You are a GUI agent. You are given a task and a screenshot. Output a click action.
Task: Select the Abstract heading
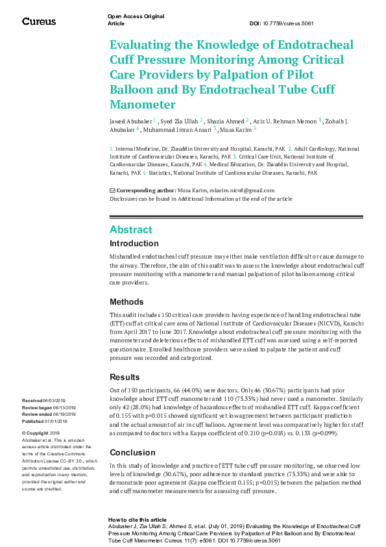(x=131, y=229)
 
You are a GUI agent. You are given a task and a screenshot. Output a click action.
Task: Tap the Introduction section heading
(x=134, y=244)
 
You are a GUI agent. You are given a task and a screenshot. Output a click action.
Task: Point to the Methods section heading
(x=127, y=301)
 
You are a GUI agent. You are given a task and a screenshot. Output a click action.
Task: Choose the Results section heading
(x=125, y=377)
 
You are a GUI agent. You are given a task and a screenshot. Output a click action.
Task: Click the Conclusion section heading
(x=132, y=452)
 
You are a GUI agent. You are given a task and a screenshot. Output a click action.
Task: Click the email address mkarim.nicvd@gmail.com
(x=241, y=190)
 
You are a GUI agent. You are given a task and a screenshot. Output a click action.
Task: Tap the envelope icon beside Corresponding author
(x=112, y=190)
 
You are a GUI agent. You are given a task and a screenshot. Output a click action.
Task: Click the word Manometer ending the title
(x=143, y=105)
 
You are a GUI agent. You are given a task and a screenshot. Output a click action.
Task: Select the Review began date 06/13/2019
(x=65, y=407)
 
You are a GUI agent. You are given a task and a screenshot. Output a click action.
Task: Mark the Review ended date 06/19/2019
(x=65, y=414)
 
